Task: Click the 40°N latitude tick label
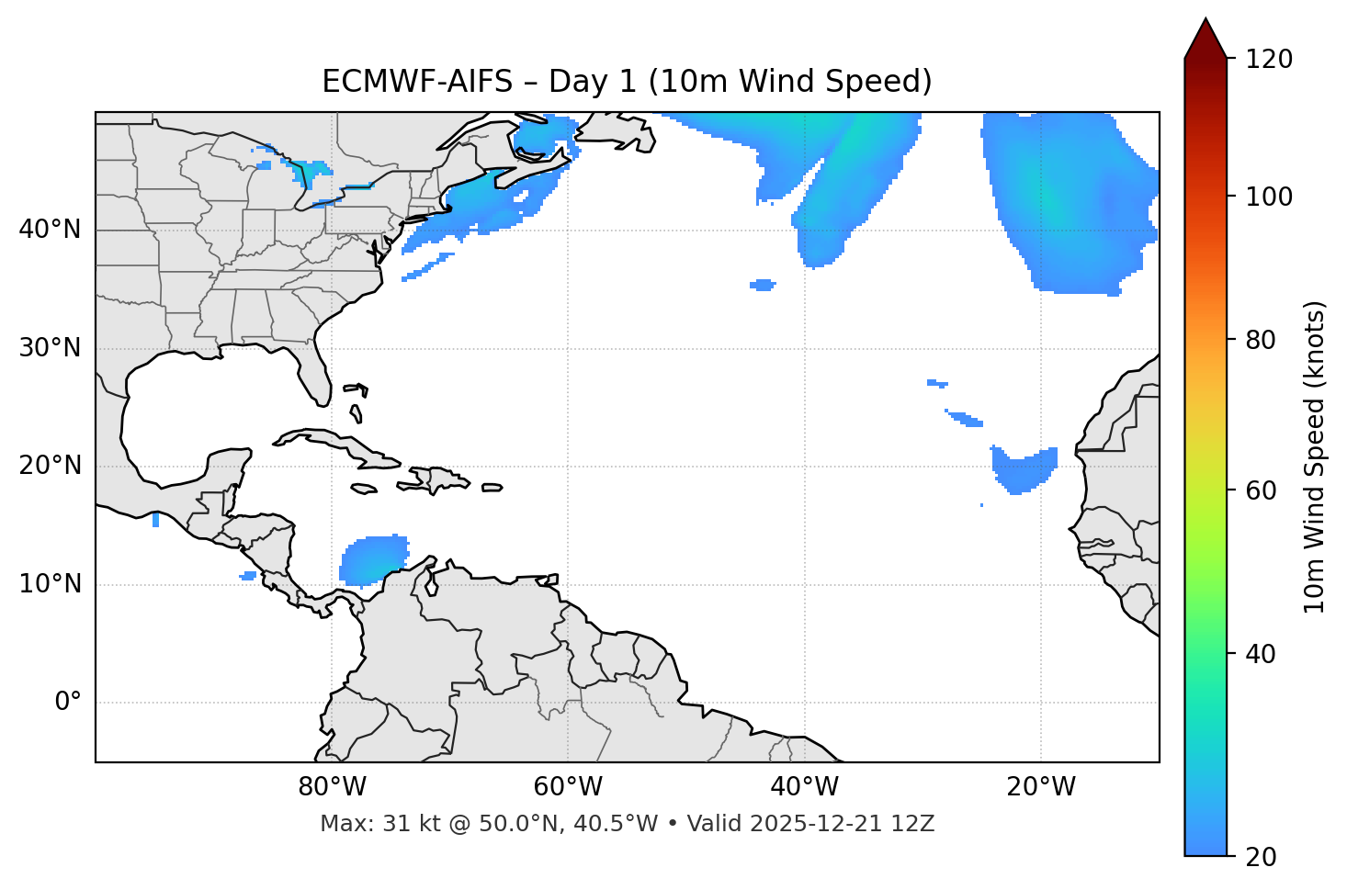[50, 230]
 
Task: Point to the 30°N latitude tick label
[50, 348]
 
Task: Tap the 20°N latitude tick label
[50, 466]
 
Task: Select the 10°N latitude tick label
[50, 584]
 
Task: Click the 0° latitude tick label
[68, 703]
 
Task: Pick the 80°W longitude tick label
[332, 787]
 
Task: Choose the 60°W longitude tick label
[568, 787]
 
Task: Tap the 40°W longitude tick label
[804, 787]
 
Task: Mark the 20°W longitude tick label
[1040, 787]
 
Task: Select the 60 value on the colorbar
[1265, 490]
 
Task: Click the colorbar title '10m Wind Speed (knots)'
[1316, 456]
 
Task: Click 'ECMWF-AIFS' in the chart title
[416, 82]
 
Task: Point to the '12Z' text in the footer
[915, 824]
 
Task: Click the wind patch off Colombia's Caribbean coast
[373, 560]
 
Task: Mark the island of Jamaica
[364, 489]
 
